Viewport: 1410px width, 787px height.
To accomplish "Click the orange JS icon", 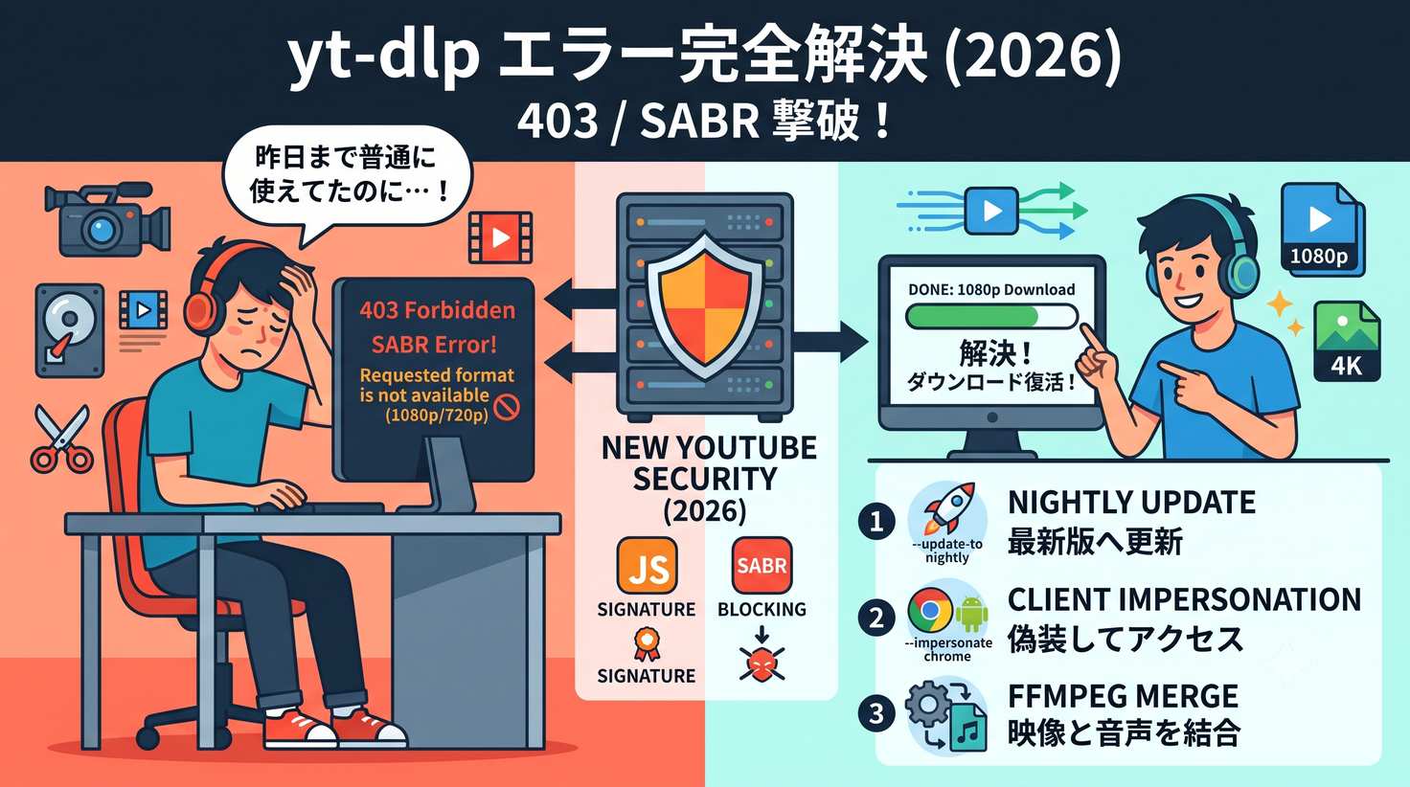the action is (x=647, y=566).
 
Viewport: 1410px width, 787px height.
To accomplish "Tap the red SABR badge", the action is (x=762, y=565).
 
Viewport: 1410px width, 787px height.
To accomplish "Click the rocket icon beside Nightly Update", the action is (x=949, y=508).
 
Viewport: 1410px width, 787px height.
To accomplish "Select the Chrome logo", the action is (x=930, y=610).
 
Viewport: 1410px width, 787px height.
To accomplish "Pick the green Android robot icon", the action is (x=972, y=614).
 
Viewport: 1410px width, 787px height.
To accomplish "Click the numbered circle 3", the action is (x=876, y=714).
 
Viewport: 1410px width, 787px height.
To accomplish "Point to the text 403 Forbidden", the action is (x=438, y=310).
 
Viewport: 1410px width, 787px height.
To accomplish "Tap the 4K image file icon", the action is (x=1347, y=342).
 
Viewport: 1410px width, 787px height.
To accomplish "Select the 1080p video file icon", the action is (x=1320, y=229).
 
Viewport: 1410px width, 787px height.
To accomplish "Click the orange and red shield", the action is (x=705, y=306).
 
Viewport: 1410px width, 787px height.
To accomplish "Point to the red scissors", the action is (x=61, y=439).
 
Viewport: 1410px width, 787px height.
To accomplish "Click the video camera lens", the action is (x=100, y=230).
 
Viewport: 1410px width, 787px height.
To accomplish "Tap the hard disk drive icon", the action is (x=69, y=331).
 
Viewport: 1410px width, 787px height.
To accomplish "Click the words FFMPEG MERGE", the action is (x=1123, y=696).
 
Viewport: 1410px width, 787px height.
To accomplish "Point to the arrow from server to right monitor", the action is (x=830, y=342).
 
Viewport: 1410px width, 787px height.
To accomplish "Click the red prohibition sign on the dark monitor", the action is (x=507, y=407).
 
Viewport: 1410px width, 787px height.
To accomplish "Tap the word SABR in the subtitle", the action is (x=699, y=122).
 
